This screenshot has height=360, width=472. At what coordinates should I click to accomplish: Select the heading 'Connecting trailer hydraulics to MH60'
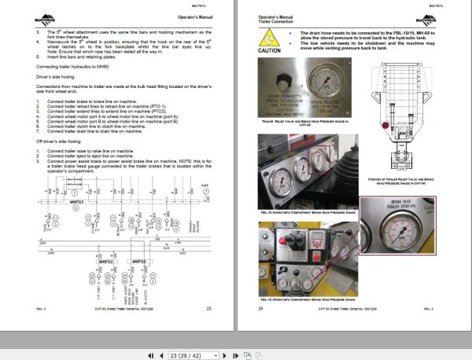coord(69,66)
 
